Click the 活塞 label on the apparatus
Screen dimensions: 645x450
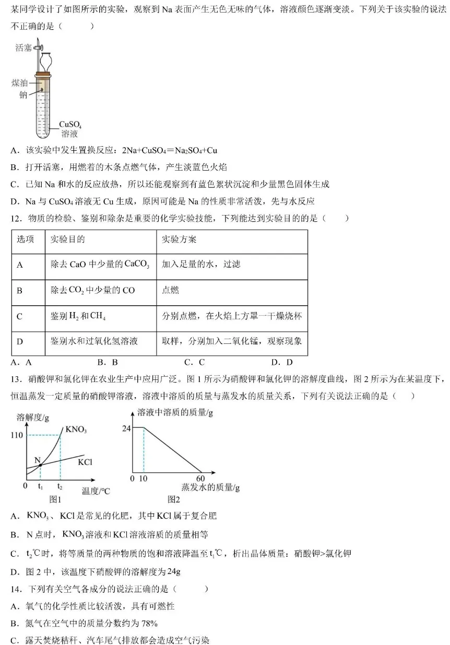click(23, 48)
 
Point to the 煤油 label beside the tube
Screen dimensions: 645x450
click(20, 83)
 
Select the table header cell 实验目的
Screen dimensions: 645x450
click(68, 240)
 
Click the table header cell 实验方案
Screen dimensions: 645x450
click(180, 240)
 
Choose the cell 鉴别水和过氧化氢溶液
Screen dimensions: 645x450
click(94, 341)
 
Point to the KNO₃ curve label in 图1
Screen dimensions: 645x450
click(76, 430)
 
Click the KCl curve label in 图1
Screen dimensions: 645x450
click(85, 461)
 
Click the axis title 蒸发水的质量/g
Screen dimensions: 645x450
click(210, 487)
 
